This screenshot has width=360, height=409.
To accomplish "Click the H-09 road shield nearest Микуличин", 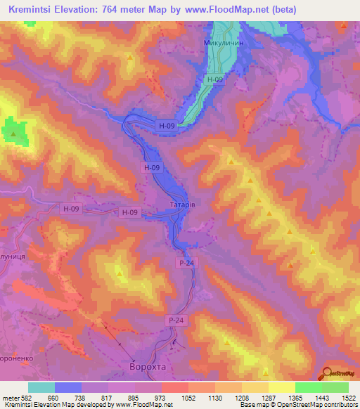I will click(x=216, y=80).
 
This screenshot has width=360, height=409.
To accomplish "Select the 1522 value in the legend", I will click(x=348, y=397).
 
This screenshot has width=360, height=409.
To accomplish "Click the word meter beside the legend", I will click(x=8, y=397).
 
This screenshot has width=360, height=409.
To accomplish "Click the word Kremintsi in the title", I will click(x=33, y=9).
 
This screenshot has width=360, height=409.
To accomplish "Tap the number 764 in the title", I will click(x=122, y=9).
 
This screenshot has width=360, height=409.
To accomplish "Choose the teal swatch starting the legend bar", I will click(x=41, y=387).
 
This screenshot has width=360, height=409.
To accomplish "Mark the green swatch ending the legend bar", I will click(x=335, y=387).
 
